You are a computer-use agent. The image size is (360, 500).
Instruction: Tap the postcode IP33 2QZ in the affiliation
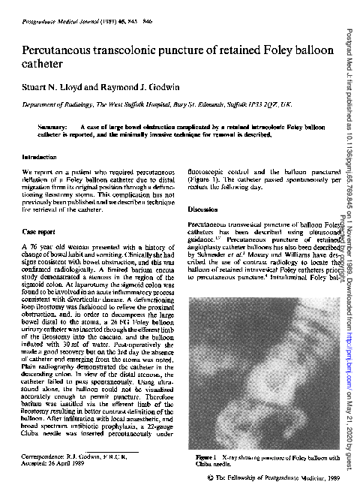coord(260,106)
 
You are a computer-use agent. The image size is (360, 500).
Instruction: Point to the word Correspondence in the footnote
coord(42,456)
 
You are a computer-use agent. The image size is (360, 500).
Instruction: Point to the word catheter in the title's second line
coord(46,65)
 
